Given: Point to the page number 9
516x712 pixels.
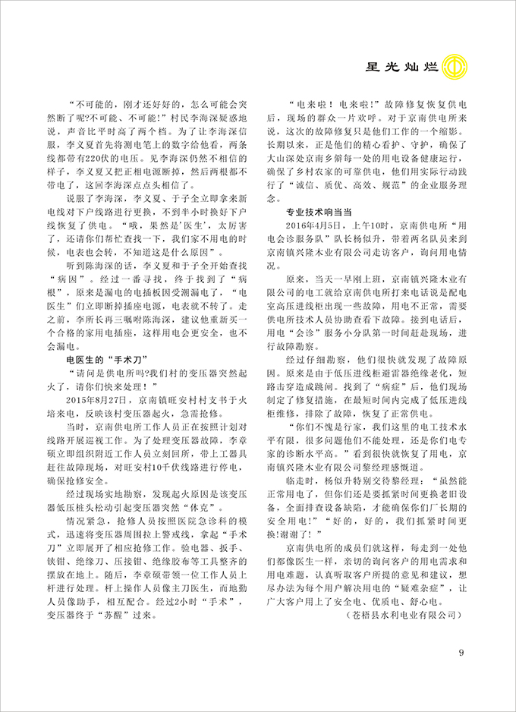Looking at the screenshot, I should tap(461, 656).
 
